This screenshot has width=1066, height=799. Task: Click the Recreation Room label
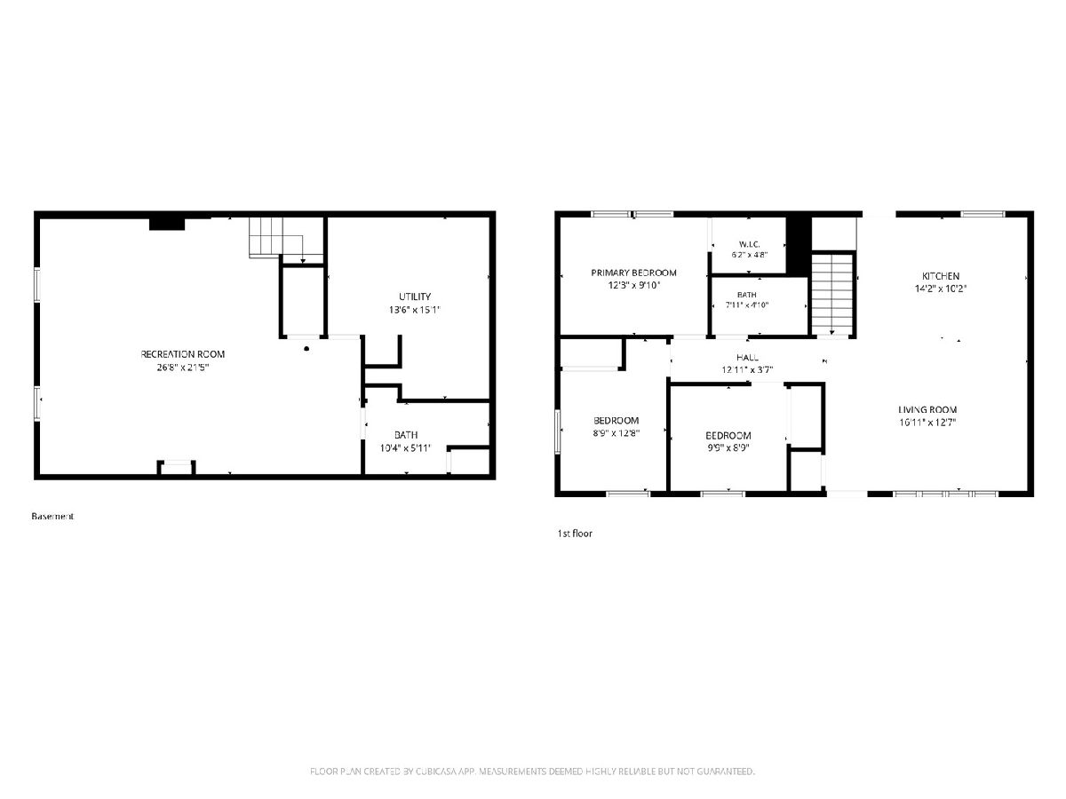pyautogui.click(x=183, y=354)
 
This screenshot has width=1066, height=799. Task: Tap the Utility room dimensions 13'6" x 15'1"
pyautogui.click(x=415, y=310)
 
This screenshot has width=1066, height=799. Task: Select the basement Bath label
pyautogui.click(x=406, y=435)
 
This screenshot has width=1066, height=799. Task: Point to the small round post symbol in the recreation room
pyautogui.click(x=306, y=348)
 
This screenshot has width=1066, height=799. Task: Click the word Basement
pyautogui.click(x=52, y=516)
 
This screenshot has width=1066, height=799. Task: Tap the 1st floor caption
pyautogui.click(x=575, y=534)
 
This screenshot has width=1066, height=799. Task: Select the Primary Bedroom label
pyautogui.click(x=633, y=273)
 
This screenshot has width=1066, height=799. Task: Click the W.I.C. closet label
pyautogui.click(x=750, y=244)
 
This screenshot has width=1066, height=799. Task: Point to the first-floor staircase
pyautogui.click(x=832, y=294)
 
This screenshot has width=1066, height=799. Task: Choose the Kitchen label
pyautogui.click(x=941, y=276)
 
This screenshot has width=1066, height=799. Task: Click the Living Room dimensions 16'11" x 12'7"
pyautogui.click(x=927, y=422)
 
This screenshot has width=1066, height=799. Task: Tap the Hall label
pyautogui.click(x=747, y=358)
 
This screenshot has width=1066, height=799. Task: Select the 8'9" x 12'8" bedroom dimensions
pyautogui.click(x=617, y=433)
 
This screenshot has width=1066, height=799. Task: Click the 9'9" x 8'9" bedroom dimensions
pyautogui.click(x=728, y=447)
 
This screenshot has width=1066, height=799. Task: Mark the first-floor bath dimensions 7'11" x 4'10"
pyautogui.click(x=747, y=305)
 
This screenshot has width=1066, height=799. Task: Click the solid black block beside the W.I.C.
pyautogui.click(x=799, y=247)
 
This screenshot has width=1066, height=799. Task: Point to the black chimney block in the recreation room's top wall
pyautogui.click(x=167, y=224)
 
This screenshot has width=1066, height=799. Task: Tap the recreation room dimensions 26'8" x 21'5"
pyautogui.click(x=183, y=368)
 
